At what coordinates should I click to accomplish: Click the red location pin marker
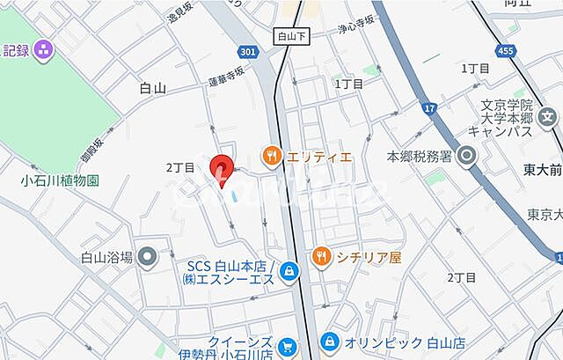(x=222, y=170)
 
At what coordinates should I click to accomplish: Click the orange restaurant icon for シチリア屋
(x=323, y=257)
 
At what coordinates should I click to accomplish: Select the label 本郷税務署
(x=420, y=157)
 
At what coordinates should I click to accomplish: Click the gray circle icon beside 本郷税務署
(x=465, y=157)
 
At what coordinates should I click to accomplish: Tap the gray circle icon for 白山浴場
(x=148, y=257)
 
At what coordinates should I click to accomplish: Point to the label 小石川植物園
(x=60, y=180)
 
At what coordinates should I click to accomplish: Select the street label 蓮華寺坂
(x=226, y=79)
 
